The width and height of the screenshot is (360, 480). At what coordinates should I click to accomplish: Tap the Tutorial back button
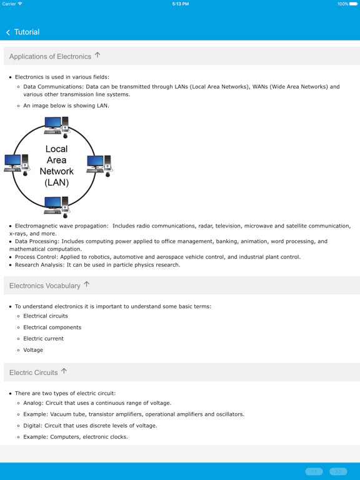coord(22,32)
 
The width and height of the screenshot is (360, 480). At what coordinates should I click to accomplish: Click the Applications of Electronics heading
coord(50,56)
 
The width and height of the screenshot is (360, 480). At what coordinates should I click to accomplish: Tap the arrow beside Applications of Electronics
coord(97,56)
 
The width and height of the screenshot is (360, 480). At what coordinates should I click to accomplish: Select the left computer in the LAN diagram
coord(16,164)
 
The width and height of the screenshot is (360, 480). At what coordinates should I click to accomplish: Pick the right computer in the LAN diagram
coord(99,165)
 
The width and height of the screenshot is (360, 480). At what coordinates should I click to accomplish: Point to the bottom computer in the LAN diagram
coord(56,206)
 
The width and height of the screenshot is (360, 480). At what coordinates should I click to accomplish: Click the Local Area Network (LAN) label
coord(56,166)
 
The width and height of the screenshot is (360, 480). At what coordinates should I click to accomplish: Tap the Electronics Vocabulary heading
coord(45,286)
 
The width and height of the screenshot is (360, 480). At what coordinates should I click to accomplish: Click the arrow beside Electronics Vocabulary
coord(87,284)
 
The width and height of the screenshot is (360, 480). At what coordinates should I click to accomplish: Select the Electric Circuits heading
coord(33,372)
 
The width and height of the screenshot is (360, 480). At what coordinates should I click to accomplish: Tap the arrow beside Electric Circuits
coord(64,371)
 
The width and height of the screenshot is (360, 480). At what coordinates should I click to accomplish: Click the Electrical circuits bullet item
coord(46,316)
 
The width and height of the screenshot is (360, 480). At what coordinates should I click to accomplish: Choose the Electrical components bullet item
coord(52,327)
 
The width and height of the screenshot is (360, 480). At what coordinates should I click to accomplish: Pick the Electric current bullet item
coord(43,338)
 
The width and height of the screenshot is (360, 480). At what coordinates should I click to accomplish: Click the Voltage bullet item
coord(33,350)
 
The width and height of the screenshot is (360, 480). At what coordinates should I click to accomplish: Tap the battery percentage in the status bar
coord(342,4)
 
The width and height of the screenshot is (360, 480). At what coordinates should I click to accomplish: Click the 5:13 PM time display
coord(180,4)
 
